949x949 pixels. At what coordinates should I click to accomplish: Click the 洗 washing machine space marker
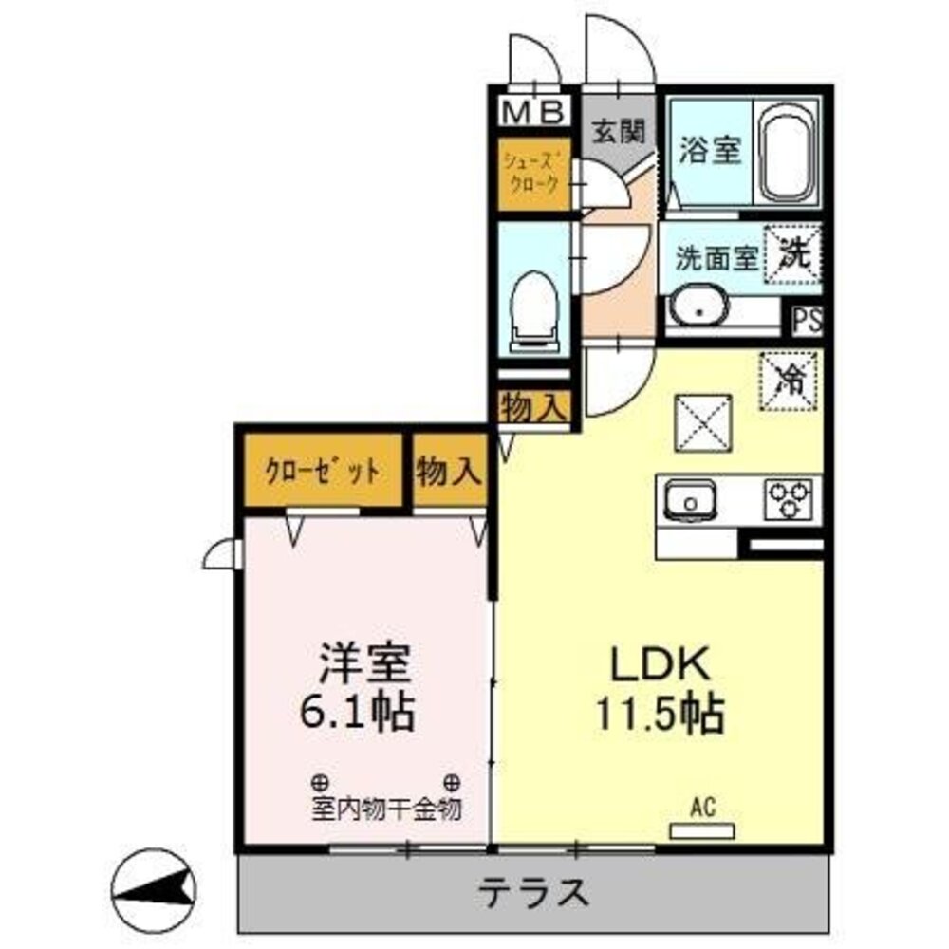tap(795, 253)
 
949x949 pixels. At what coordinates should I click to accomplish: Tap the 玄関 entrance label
tap(620, 131)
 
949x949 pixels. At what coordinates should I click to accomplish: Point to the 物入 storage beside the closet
tap(449, 472)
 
